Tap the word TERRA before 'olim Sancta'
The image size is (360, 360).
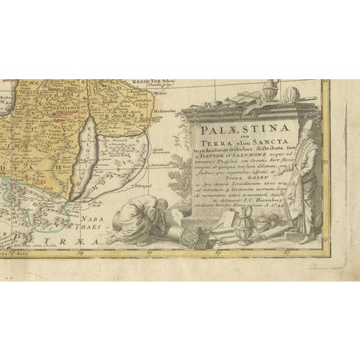pyautogui.click(x=210, y=144)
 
